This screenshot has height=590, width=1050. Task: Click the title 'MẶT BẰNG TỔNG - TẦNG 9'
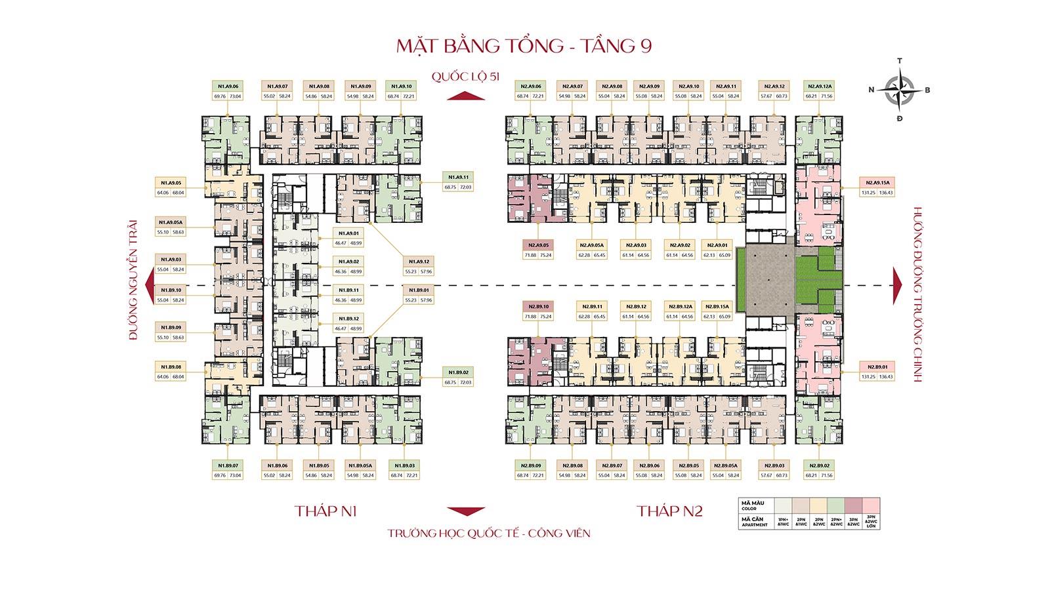[x=524, y=47]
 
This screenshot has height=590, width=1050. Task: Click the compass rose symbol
[x=900, y=90]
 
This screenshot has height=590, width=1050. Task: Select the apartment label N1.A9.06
[x=227, y=86]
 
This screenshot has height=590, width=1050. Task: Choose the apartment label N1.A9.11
[x=458, y=177]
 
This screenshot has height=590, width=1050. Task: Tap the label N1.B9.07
[x=227, y=465]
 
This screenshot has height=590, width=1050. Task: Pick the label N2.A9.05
[x=537, y=246]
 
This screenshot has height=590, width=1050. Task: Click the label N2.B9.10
[x=537, y=307]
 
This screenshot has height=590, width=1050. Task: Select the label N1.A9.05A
[x=170, y=222]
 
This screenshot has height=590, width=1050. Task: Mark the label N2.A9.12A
[x=820, y=86]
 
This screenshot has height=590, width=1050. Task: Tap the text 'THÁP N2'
[x=669, y=511]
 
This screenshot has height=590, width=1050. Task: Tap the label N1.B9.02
[x=458, y=372]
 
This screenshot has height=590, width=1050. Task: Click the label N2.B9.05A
[x=724, y=465]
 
